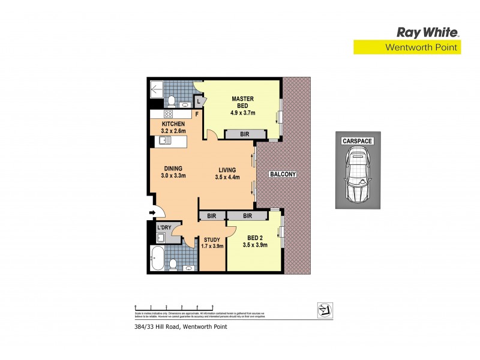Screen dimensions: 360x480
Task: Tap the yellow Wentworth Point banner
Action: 406,47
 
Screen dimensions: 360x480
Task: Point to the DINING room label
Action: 173,172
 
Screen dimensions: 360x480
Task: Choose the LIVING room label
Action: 227,173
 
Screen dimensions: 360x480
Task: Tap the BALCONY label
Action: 283,174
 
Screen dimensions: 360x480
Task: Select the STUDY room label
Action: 212,242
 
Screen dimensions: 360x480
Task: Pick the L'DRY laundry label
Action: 164,227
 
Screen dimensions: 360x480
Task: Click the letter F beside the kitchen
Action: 197,113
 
